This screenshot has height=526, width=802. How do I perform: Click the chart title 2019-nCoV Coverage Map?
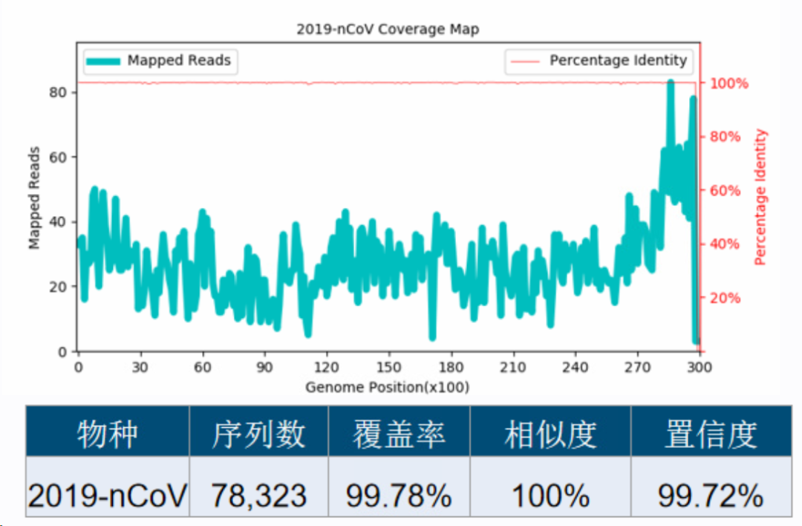tap(388, 30)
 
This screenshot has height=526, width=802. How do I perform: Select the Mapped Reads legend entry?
tap(160, 61)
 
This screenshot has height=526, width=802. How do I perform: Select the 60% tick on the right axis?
tap(726, 190)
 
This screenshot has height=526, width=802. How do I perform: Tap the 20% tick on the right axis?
tap(726, 298)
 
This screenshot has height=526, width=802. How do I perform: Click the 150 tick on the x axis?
tap(388, 367)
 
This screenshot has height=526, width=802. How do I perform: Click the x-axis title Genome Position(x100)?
tap(387, 387)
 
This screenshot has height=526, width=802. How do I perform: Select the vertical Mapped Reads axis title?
tap(35, 198)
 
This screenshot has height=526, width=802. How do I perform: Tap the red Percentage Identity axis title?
tap(760, 198)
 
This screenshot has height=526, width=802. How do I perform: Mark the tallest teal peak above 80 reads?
tap(671, 83)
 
